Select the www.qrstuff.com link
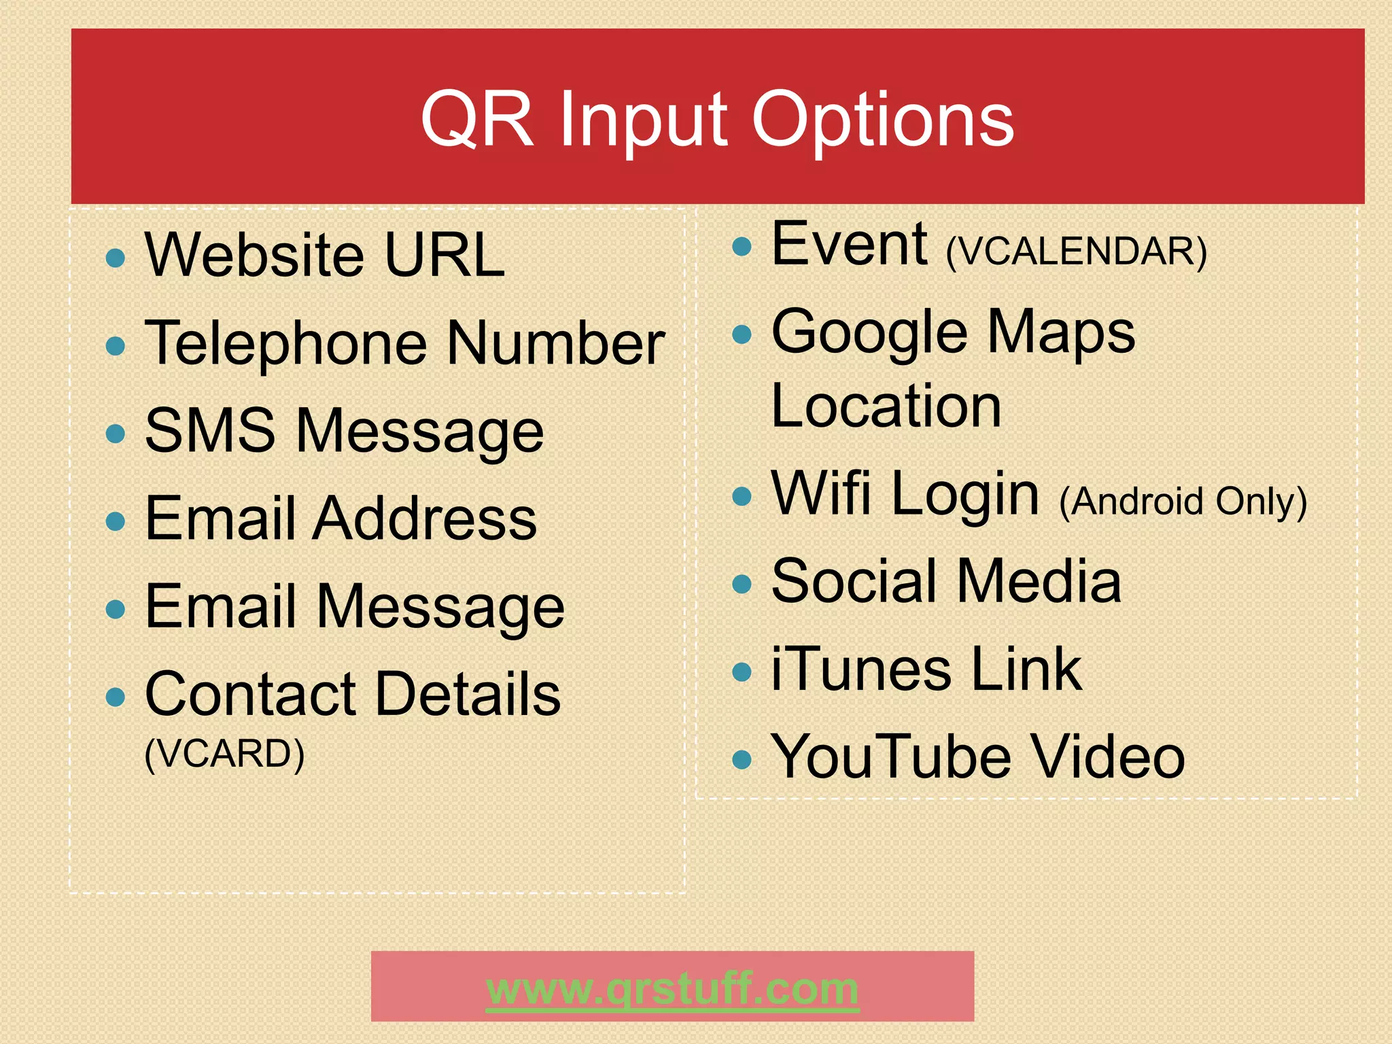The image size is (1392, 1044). (672, 989)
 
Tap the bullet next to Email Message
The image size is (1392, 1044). (116, 608)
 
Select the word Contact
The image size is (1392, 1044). (251, 694)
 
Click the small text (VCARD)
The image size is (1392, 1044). (224, 754)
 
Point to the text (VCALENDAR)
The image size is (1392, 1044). (1076, 251)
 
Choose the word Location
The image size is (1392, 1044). (886, 406)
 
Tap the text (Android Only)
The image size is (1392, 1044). (1183, 502)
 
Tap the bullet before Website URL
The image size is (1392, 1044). (116, 258)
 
